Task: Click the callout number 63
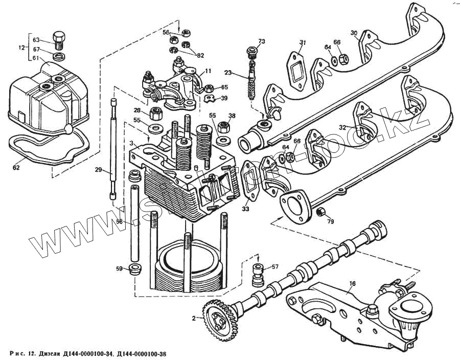click(x=36, y=40)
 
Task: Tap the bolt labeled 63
click(x=58, y=38)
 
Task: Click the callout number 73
click(x=262, y=41)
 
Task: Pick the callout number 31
click(x=303, y=42)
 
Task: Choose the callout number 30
click(x=354, y=33)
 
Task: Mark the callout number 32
click(x=342, y=127)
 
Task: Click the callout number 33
click(x=246, y=209)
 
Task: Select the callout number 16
click(x=352, y=282)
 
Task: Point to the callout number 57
click(x=275, y=266)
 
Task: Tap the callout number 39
click(x=224, y=98)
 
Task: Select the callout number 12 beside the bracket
click(x=21, y=48)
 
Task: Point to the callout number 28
click(x=137, y=110)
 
